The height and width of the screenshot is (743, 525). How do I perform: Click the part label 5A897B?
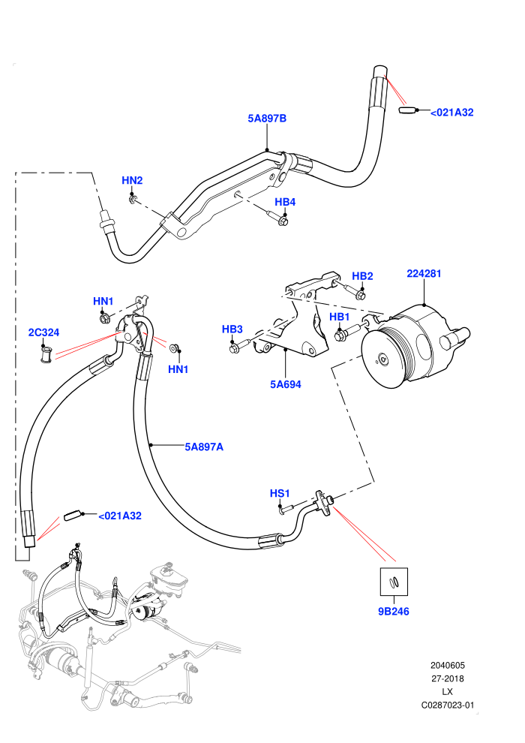267,119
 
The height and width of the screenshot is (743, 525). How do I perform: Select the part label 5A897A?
204,447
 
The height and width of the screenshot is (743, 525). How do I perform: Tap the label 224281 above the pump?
424,273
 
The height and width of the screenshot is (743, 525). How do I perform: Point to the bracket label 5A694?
286,384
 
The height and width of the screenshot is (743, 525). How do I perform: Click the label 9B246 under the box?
394,611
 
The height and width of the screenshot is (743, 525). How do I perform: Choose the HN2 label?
132,181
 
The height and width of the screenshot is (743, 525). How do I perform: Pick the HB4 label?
285,203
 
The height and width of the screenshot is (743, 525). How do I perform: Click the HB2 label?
362,276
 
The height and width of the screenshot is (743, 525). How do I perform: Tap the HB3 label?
232,329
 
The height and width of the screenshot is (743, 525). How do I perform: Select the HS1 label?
280,493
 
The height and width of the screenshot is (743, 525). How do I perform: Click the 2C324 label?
43,332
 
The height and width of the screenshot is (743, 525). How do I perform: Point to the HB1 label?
340,317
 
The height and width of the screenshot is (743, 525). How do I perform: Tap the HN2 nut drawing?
133,200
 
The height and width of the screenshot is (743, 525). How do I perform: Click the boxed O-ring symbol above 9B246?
394,582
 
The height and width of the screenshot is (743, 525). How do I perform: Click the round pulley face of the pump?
382,358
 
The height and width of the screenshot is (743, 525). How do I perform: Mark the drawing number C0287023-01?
447,705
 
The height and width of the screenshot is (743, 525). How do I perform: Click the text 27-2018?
447,678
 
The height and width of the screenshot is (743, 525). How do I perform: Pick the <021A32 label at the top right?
451,113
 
